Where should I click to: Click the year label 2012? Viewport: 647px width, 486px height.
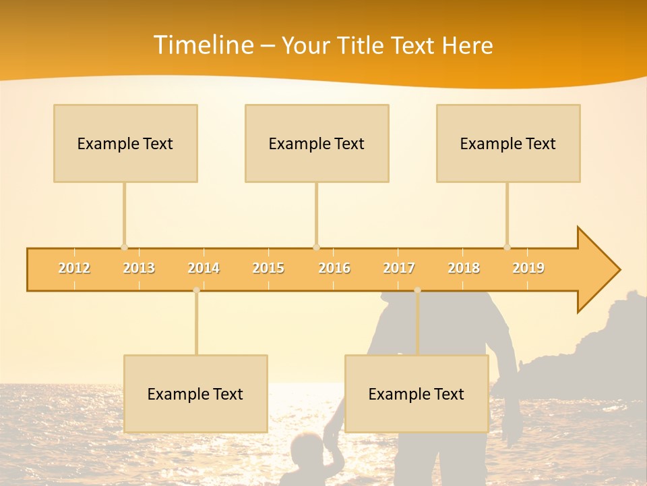click(74, 268)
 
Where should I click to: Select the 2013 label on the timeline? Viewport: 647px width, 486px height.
click(139, 268)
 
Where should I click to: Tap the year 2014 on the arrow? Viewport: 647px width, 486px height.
click(204, 268)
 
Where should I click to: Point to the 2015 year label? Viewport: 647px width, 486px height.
click(268, 268)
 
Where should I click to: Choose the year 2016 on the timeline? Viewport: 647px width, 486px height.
click(334, 268)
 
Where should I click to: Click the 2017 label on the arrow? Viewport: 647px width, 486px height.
click(399, 268)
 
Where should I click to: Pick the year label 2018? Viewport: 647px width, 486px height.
click(464, 268)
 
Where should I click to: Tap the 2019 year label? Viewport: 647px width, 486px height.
click(528, 268)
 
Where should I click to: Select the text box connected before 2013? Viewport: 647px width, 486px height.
click(125, 143)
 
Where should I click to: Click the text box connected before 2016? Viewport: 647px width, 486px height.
click(317, 143)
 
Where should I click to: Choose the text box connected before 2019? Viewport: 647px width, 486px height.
click(508, 143)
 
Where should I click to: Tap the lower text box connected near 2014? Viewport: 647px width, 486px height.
click(195, 394)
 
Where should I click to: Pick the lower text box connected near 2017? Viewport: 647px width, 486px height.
click(417, 394)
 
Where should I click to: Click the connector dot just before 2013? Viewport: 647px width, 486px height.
click(124, 247)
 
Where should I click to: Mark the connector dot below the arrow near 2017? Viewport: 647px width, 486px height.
click(417, 290)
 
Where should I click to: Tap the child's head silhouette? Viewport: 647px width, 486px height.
click(307, 448)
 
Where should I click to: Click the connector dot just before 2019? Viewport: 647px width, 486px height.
click(507, 247)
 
